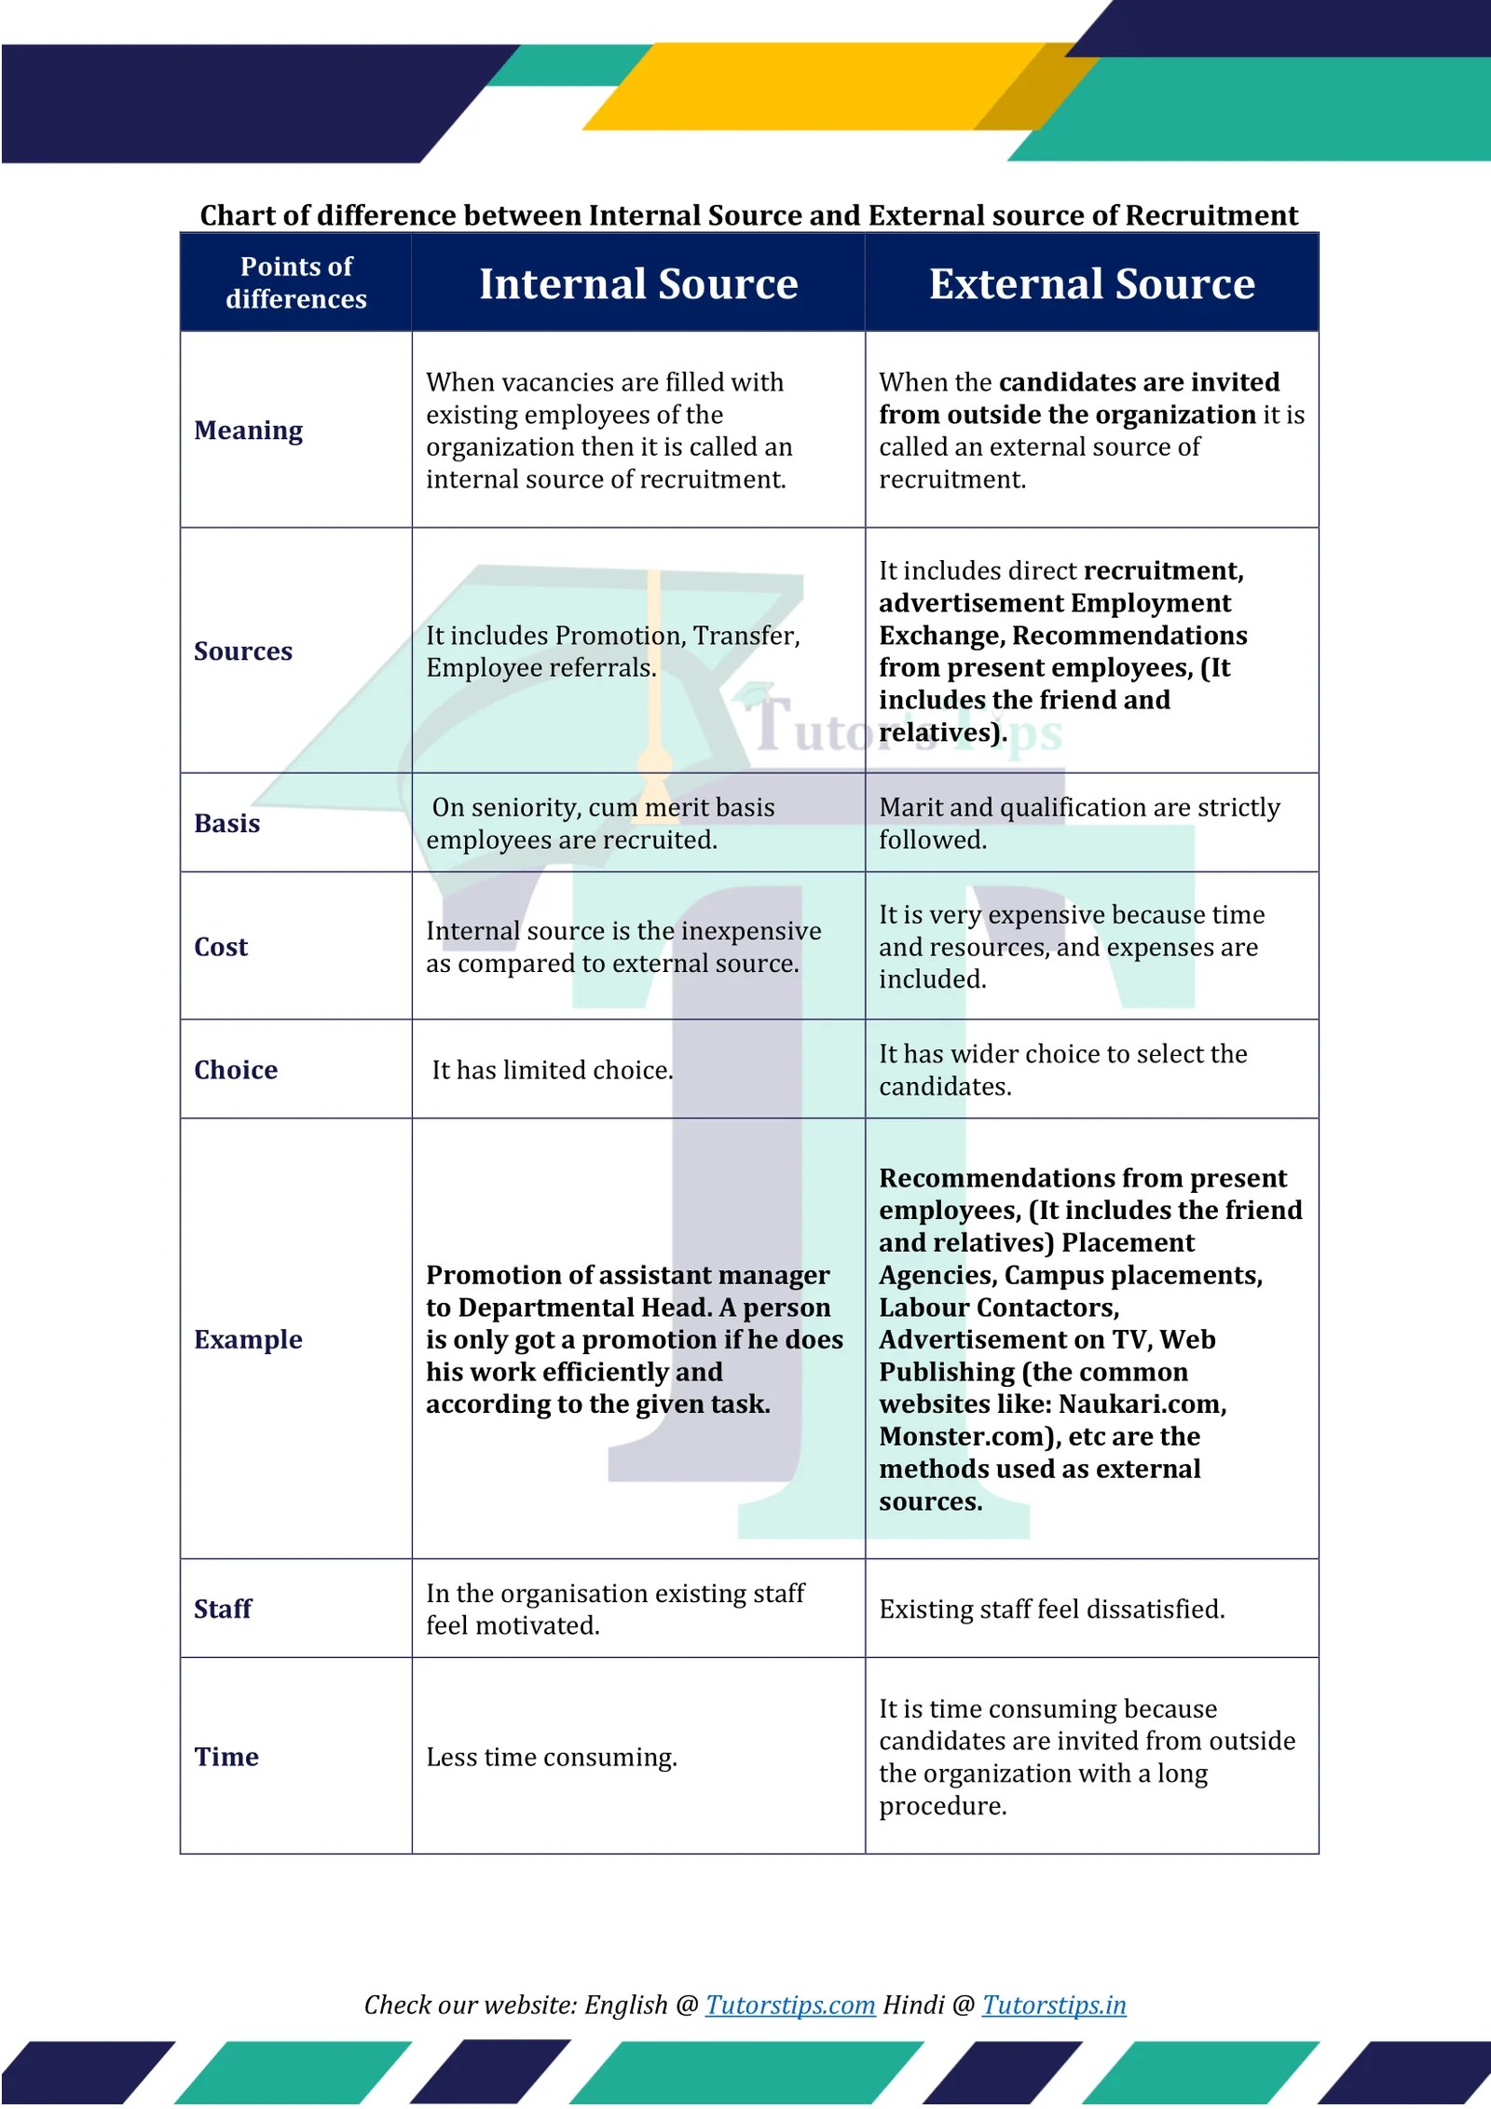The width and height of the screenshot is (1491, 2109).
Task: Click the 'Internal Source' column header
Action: point(638,283)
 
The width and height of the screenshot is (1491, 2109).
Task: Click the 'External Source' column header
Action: point(1091,283)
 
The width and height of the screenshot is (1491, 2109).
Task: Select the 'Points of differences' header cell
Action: point(296,282)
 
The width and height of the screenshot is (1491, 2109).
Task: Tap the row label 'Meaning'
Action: point(248,431)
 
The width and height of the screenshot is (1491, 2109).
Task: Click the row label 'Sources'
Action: point(242,651)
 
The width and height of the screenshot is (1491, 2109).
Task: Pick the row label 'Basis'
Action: point(226,824)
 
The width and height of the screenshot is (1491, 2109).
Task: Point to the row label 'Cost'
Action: point(221,947)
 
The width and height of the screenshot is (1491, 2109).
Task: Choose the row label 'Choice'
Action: point(236,1070)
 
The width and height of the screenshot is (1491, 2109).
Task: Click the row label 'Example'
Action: point(248,1339)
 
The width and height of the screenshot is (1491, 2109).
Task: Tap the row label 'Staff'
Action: point(223,1609)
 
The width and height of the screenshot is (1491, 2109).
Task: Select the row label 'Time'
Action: point(226,1757)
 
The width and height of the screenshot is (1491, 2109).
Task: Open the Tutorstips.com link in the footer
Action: point(789,2005)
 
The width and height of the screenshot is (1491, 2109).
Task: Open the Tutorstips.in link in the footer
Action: point(1053,2005)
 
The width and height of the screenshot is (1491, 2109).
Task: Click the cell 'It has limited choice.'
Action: point(552,1070)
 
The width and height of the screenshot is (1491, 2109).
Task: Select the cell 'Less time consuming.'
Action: point(552,1757)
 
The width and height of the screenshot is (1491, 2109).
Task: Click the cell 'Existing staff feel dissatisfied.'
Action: point(1051,1609)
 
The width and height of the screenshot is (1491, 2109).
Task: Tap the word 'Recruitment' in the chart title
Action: point(1211,215)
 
